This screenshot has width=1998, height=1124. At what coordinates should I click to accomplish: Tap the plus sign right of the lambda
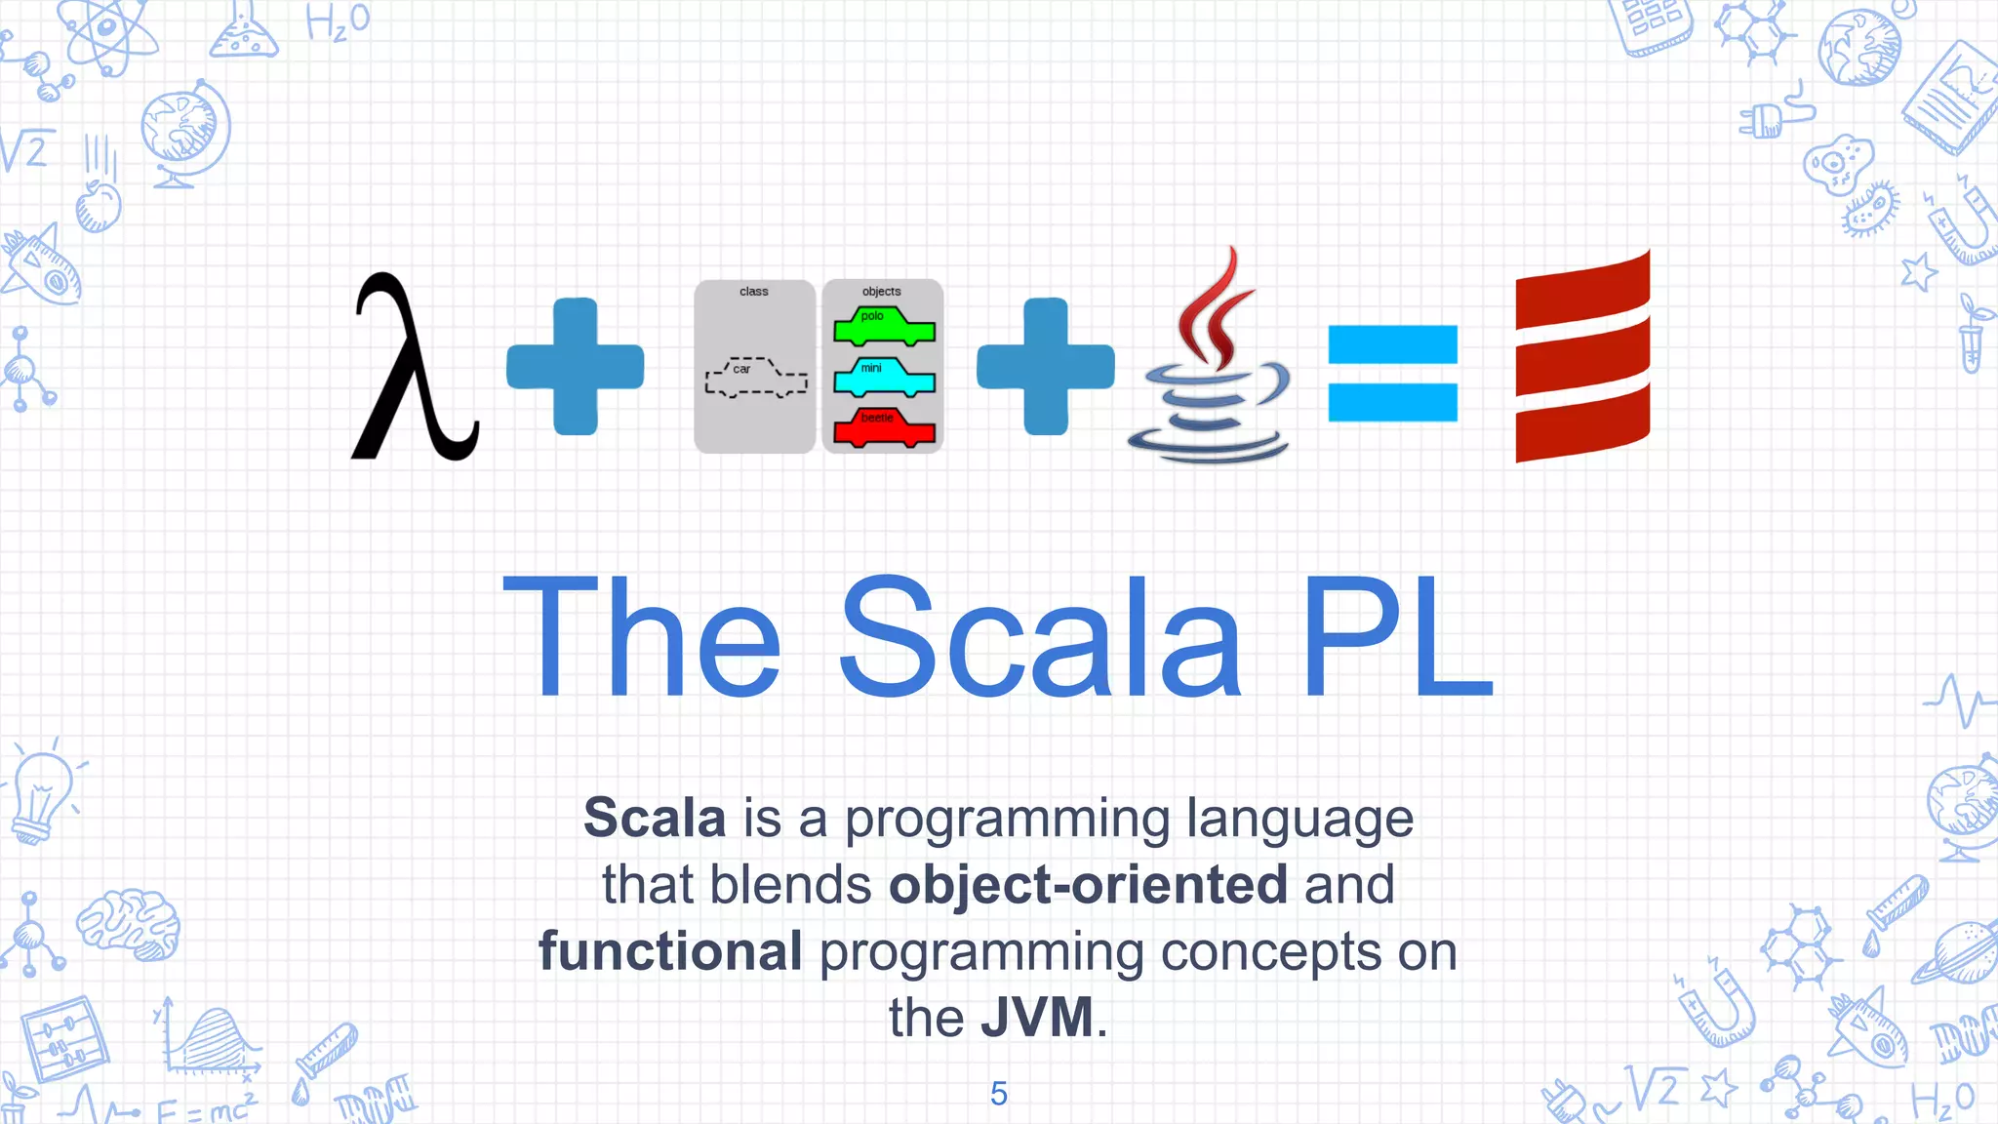pyautogui.click(x=576, y=366)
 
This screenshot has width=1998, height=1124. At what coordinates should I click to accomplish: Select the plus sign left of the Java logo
pyautogui.click(x=1046, y=366)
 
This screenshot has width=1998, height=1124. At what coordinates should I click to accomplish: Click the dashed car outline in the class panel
pyautogui.click(x=756, y=378)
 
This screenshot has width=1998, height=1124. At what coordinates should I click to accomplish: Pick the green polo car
pyautogui.click(x=884, y=327)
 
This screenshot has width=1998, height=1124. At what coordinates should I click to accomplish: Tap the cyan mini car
pyautogui.click(x=884, y=378)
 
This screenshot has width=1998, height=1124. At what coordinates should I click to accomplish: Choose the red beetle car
pyautogui.click(x=884, y=428)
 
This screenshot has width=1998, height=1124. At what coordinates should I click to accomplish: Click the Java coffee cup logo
pyautogui.click(x=1210, y=361)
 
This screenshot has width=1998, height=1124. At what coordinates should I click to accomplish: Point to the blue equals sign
pyautogui.click(x=1392, y=373)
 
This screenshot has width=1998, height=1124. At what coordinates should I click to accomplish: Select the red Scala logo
pyautogui.click(x=1582, y=356)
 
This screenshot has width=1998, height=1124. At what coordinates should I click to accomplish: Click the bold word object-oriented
pyautogui.click(x=1088, y=884)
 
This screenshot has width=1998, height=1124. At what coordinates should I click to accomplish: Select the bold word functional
pyautogui.click(x=670, y=950)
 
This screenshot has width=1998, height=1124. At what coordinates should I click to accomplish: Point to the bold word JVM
pyautogui.click(x=1037, y=1017)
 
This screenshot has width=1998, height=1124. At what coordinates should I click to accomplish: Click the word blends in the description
pyautogui.click(x=790, y=884)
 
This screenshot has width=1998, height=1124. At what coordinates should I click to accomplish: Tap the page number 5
pyautogui.click(x=998, y=1094)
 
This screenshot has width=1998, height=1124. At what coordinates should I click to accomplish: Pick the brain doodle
pyautogui.click(x=130, y=922)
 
